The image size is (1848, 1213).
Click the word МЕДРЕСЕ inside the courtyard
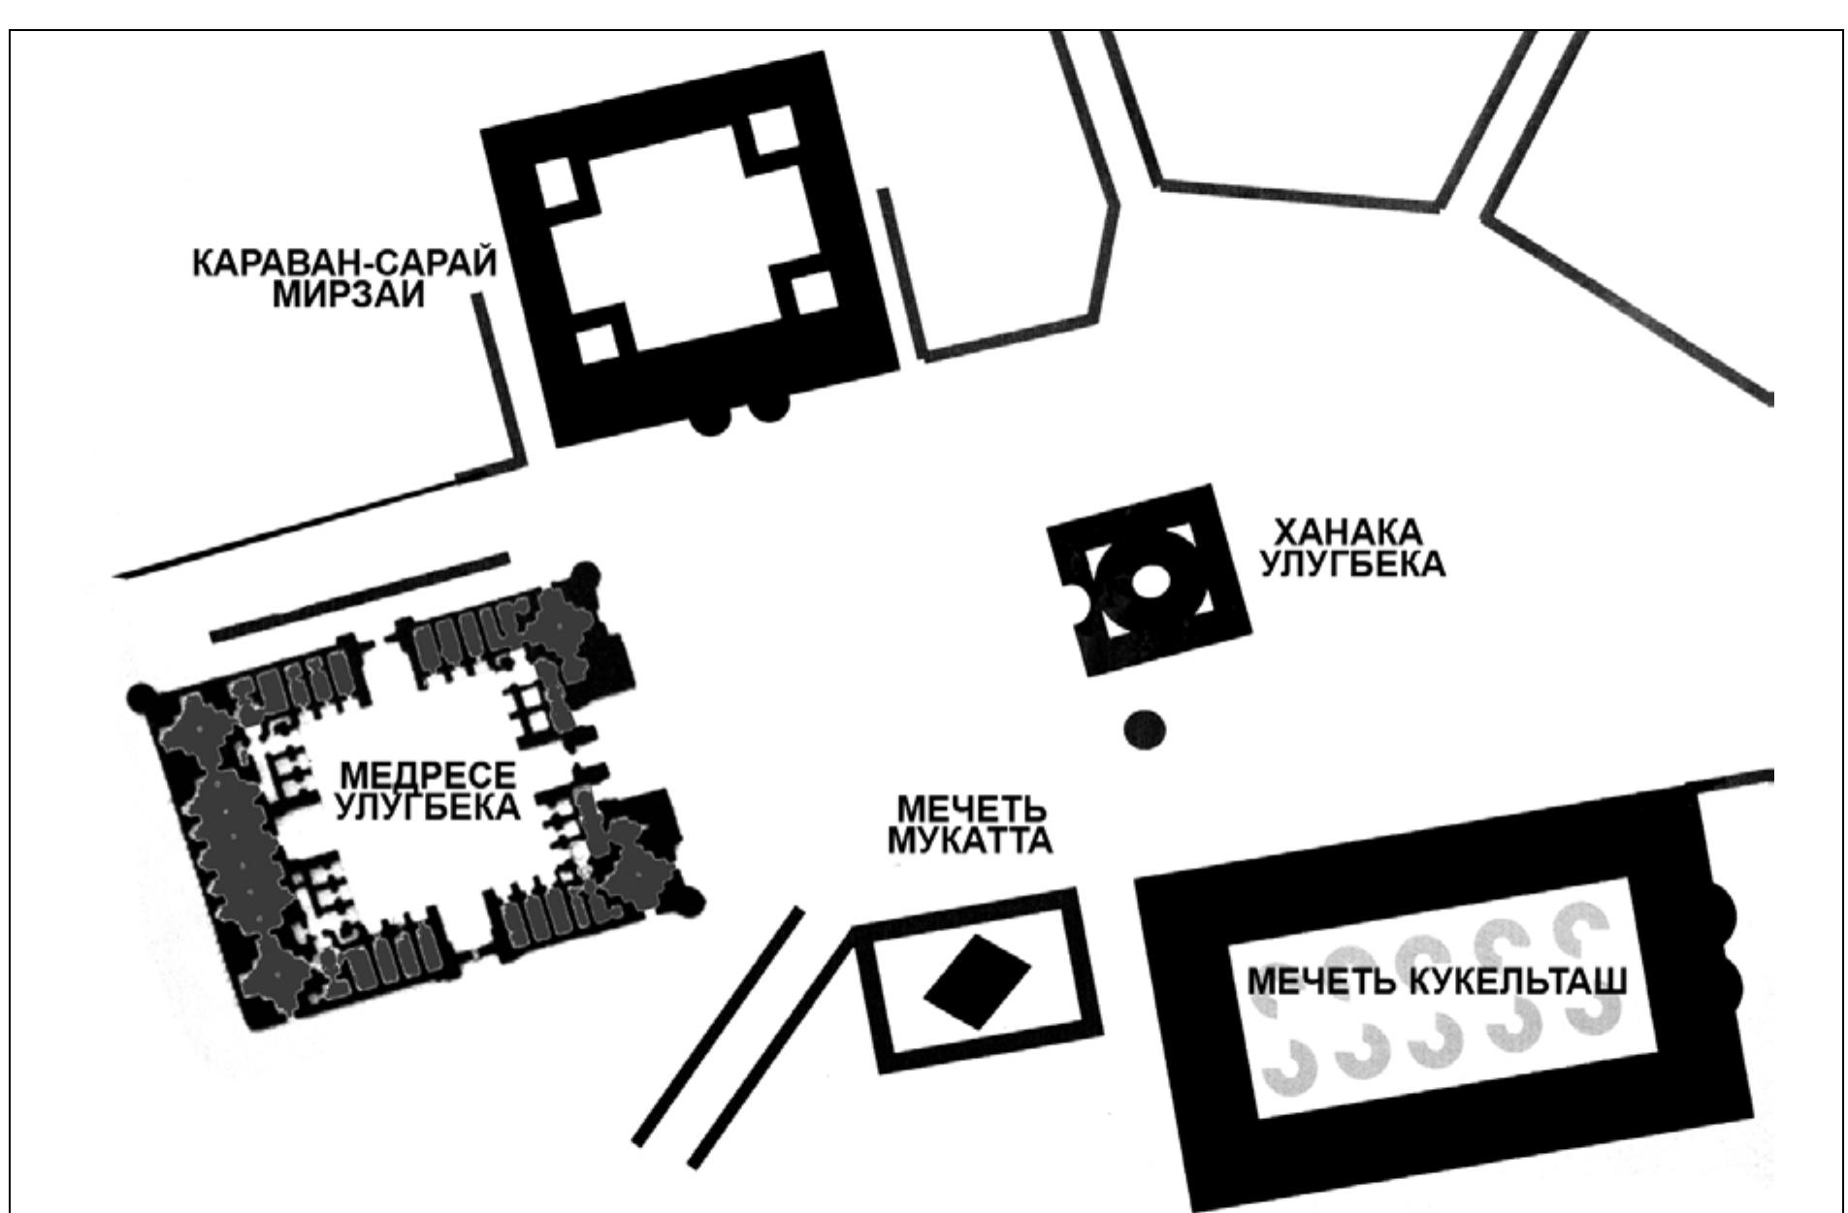(429, 776)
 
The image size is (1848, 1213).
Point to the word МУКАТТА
(971, 841)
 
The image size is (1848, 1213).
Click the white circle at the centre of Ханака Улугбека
(1150, 582)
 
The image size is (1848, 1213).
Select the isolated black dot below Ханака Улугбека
(1145, 729)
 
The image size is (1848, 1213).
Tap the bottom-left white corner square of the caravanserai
(599, 343)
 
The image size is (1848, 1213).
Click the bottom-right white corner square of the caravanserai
(815, 293)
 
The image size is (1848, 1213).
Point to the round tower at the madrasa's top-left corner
(143, 698)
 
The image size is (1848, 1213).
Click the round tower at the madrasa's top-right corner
(585, 575)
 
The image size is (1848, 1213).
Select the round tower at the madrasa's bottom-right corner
(690, 902)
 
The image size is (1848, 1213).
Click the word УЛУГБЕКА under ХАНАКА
(1352, 564)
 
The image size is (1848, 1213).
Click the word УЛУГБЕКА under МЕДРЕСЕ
(427, 807)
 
